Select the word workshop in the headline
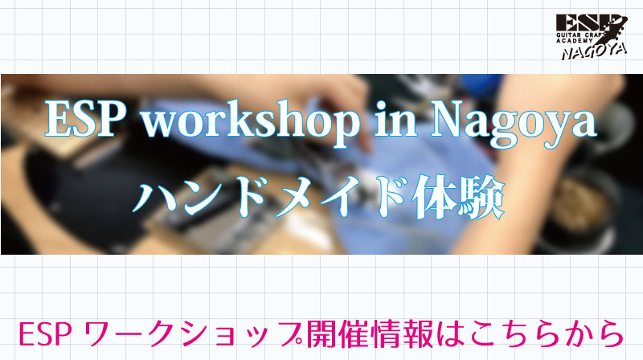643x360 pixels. pyautogui.click(x=250, y=121)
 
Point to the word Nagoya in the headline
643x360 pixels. pyautogui.click(x=514, y=122)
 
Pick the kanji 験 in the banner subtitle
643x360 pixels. pyautogui.click(x=481, y=198)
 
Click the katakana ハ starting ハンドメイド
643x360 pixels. pyautogui.click(x=154, y=198)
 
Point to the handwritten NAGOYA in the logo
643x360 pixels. pyautogui.click(x=595, y=51)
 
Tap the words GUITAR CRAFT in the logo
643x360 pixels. pyautogui.click(x=580, y=35)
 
